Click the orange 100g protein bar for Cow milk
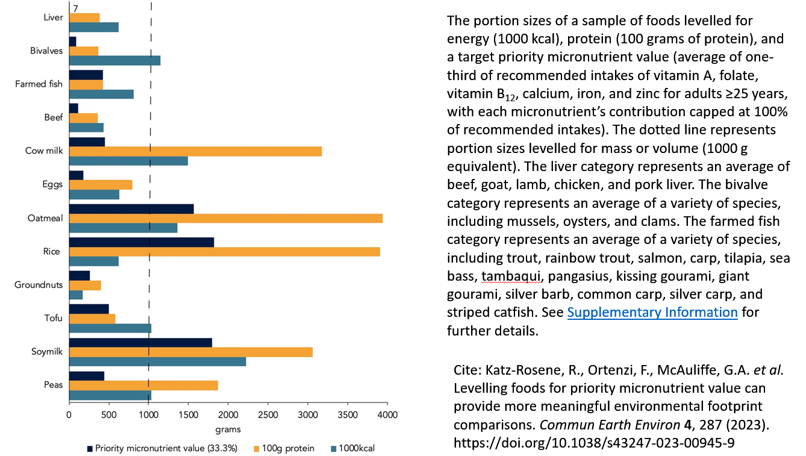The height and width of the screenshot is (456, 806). tap(196, 151)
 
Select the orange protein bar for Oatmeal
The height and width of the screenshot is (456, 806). tap(226, 218)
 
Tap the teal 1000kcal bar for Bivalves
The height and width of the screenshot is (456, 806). tap(115, 60)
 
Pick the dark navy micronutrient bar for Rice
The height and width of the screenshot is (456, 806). tap(142, 242)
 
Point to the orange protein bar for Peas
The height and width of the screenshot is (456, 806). tap(144, 386)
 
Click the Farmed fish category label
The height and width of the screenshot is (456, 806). tap(39, 84)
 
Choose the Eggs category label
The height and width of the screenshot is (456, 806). tap(52, 184)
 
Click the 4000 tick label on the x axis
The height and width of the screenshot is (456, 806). tap(387, 415)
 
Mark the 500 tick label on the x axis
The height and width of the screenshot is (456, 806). tap(109, 415)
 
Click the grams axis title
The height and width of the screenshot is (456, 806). tap(228, 429)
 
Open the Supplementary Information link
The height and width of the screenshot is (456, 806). tap(652, 312)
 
